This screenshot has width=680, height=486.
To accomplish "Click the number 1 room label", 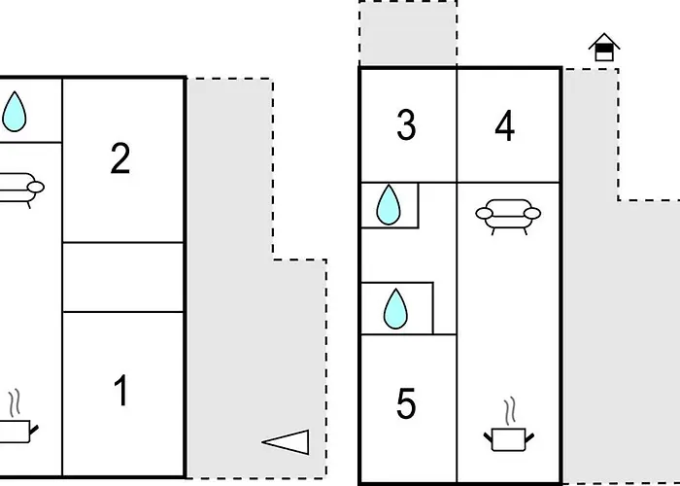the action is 121,391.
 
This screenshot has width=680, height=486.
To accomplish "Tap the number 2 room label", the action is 120,158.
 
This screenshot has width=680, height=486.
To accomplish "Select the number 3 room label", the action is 406,125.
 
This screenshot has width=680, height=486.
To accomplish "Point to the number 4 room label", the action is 505,125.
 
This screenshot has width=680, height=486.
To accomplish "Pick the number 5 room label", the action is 406,403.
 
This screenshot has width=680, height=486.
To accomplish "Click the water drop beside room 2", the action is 15,112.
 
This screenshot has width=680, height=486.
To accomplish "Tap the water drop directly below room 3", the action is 389,204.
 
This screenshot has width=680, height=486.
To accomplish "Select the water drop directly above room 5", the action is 395,308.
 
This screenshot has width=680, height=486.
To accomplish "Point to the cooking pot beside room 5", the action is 509,439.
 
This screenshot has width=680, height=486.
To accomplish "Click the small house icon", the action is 604,47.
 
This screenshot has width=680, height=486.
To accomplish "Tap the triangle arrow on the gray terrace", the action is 286,442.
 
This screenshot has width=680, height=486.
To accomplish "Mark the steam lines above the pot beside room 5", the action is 510,410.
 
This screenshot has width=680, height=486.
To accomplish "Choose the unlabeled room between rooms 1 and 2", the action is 123,277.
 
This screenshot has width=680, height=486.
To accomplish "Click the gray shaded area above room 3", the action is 408,33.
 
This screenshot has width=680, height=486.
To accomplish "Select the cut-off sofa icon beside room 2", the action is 19,191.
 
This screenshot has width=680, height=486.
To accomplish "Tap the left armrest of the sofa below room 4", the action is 484,213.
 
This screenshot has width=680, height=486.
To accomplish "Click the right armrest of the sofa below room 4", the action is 532,213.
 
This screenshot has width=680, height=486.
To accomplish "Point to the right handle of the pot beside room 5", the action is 529,437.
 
